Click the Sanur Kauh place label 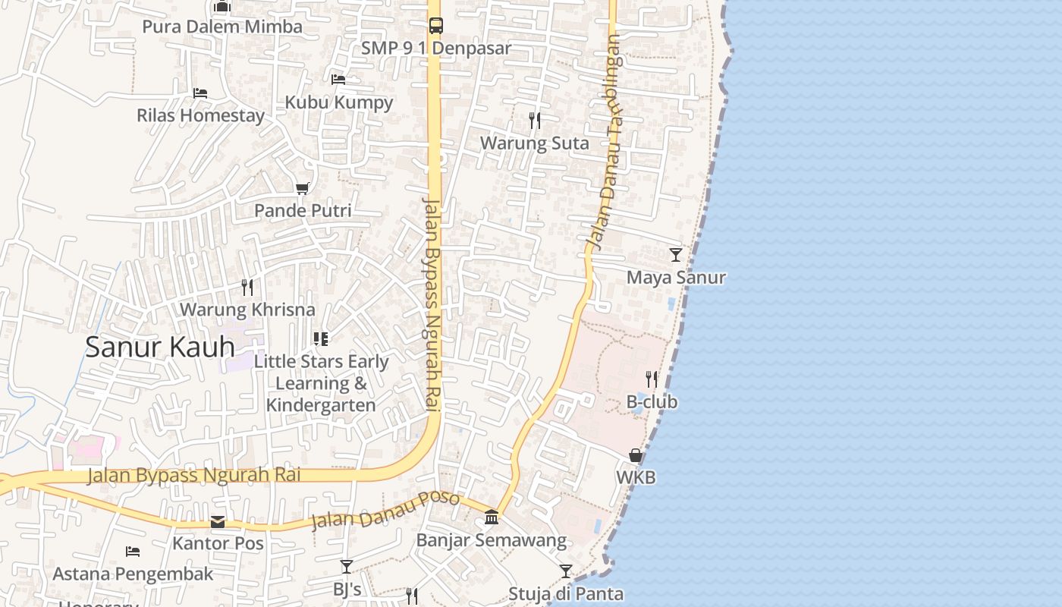(x=159, y=347)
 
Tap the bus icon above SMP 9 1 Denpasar (x=435, y=25)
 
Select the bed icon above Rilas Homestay (x=200, y=93)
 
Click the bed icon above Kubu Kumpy (x=338, y=79)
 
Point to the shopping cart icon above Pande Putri (x=303, y=187)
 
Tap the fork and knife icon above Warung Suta (x=535, y=120)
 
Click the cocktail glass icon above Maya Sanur (x=676, y=254)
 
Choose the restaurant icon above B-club (x=652, y=379)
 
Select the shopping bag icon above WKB (x=636, y=454)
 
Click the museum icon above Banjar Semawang (x=492, y=517)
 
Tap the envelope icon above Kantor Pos (x=218, y=521)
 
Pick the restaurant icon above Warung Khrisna (x=247, y=287)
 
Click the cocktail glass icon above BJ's (x=347, y=566)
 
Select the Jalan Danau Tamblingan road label (x=605, y=144)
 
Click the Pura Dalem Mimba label (x=222, y=27)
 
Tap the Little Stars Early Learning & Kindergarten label (x=321, y=383)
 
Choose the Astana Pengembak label (x=133, y=574)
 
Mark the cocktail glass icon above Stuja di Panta (x=566, y=571)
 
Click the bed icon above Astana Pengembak (x=133, y=551)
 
